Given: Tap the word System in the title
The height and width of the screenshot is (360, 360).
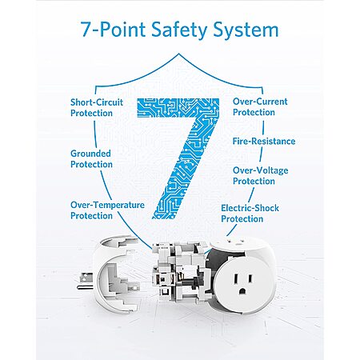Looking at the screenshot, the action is point(246,30).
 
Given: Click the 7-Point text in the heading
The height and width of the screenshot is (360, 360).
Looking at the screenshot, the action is point(113,29).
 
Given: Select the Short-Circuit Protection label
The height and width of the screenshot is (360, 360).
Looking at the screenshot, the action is point(97,108).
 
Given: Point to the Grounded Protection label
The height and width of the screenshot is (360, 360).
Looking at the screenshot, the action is point(91,159).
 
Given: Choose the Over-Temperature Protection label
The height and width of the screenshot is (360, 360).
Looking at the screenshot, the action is point(107,210).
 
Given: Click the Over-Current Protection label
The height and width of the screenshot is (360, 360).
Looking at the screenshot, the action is point(260,107).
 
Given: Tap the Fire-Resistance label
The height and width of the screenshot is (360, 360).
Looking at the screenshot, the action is point(264,141).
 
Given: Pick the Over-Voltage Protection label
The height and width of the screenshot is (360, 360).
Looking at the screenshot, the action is point(260,176).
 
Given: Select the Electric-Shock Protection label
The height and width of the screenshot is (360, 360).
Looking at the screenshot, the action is point(250,214).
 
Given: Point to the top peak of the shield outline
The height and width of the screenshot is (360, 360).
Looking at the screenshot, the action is point(179,54).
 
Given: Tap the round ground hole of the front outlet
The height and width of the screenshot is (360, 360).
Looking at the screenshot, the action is point(242,291).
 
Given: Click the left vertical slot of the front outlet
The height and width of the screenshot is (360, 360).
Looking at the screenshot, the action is point(236,280).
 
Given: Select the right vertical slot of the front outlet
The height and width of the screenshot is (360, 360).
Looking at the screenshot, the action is point(250,280).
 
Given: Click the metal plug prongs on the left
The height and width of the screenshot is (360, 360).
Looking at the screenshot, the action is point(85,282).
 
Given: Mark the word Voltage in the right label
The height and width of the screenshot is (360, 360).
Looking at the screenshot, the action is point(272,171).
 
